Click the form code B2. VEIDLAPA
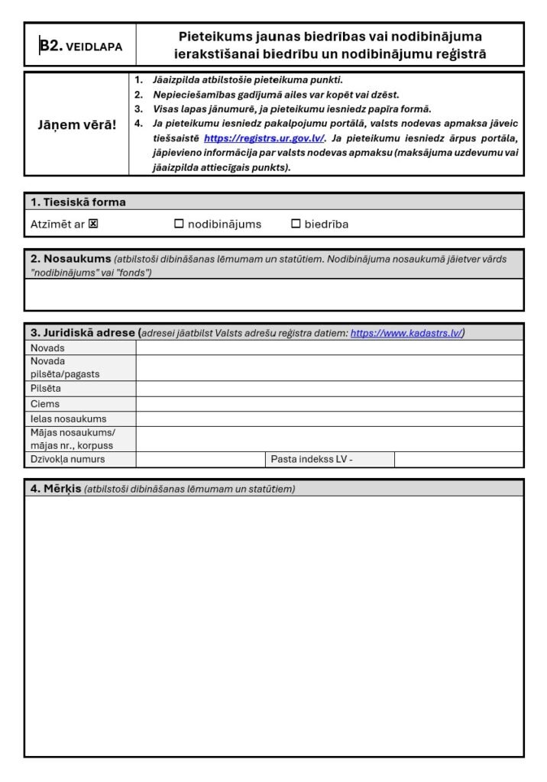click(80, 46)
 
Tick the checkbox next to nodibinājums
click(179, 225)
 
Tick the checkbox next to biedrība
click(296, 225)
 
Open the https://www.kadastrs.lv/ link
click(406, 333)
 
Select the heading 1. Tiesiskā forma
click(78, 202)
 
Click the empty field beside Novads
click(329, 348)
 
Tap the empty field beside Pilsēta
click(329, 389)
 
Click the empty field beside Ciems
click(329, 404)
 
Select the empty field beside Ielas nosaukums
click(329, 419)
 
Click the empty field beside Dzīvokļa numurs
click(200, 460)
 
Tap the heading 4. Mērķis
click(56, 489)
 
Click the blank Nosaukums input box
click(273, 295)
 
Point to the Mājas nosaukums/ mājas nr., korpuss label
click(72, 439)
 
